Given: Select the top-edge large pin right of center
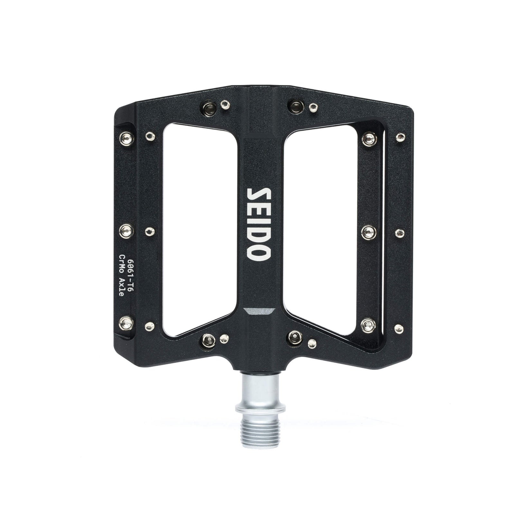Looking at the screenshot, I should tap(295, 104).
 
